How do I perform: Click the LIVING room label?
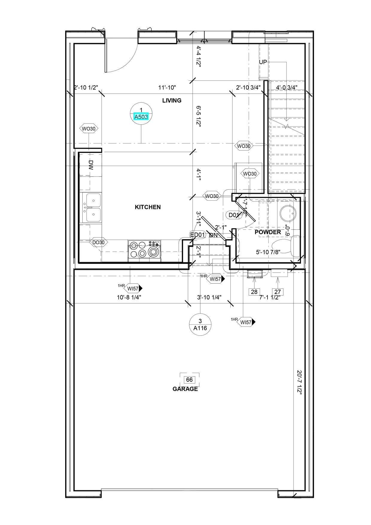pos(172,101)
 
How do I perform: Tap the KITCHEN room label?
pos(148,207)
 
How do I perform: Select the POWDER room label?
pos(268,232)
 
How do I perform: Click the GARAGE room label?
pos(185,389)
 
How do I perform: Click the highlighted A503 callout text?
pos(141,117)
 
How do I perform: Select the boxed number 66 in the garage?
pos(189,380)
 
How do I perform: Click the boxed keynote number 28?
pos(254,292)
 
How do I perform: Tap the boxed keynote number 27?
pos(277,292)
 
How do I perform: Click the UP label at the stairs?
pos(263,62)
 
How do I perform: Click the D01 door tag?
pos(234,215)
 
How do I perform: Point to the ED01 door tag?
pos(197,235)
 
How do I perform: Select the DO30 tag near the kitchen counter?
pos(98,242)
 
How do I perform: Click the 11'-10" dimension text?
pos(167,88)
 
